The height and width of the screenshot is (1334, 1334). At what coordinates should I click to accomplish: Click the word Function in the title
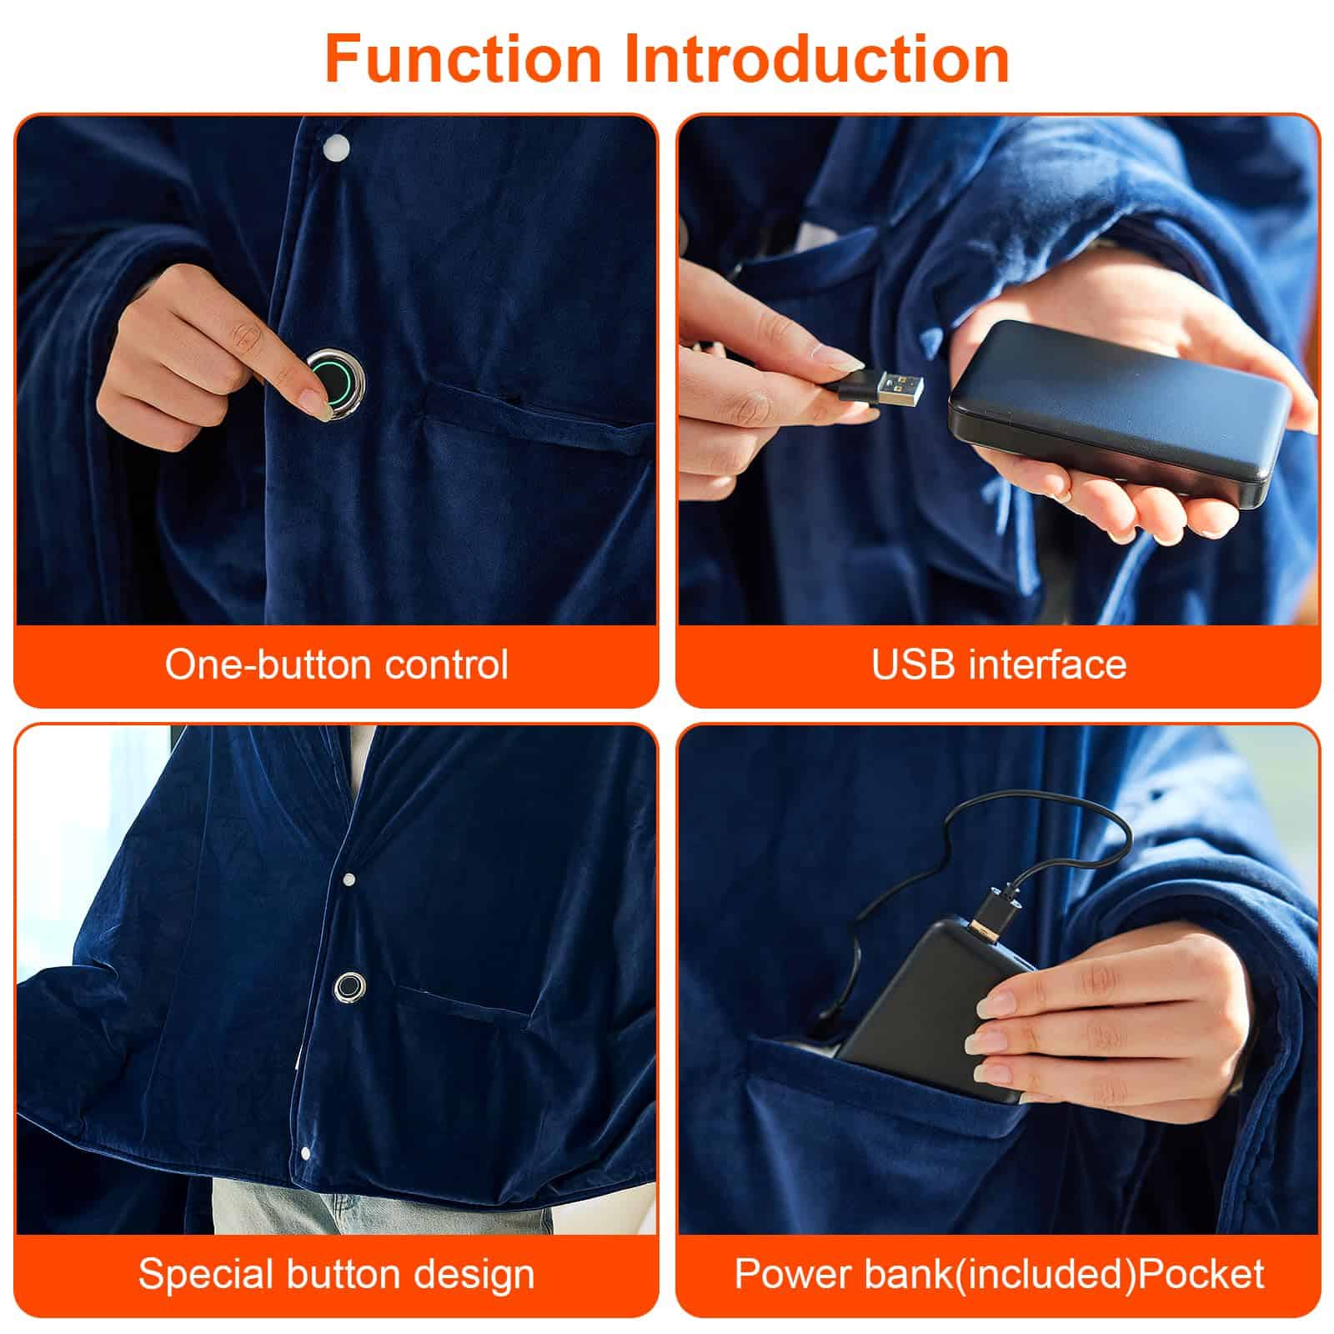pos(463,58)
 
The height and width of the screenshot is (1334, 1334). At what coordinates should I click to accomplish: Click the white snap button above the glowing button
pos(338,148)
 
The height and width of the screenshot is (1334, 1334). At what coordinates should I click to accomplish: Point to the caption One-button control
pos(336,664)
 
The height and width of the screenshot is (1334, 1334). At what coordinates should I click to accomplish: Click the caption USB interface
pos(999,664)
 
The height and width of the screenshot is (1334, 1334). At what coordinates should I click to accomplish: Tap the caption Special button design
pos(336,1274)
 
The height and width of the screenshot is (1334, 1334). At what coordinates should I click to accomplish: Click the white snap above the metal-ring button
pos(349,879)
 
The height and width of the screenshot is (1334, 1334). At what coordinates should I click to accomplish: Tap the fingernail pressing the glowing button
pos(314,404)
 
